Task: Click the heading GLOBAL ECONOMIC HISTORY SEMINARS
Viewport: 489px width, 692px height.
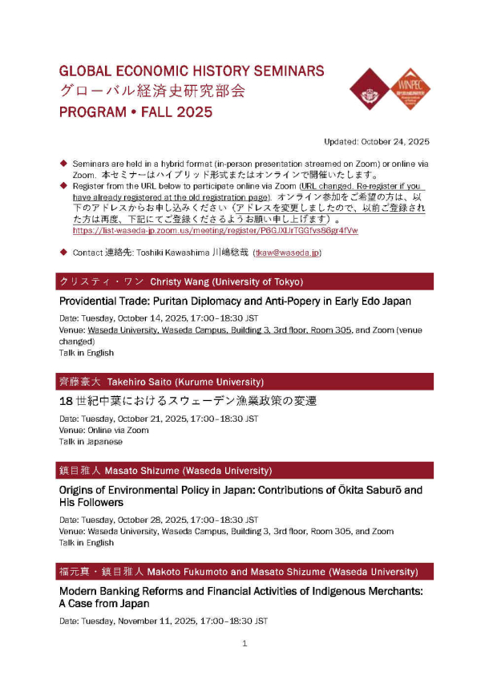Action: coord(192,71)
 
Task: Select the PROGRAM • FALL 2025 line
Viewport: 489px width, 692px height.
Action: coord(135,111)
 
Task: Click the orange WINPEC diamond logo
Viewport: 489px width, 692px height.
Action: coord(409,89)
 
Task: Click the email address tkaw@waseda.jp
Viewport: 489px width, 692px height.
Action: coord(287,253)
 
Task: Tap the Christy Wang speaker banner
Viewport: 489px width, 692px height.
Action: coord(244,281)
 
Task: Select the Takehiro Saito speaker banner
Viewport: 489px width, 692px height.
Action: coord(244,382)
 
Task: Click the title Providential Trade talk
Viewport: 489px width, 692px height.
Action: coord(235,301)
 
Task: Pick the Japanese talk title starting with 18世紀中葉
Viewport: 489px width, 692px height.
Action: coord(194,401)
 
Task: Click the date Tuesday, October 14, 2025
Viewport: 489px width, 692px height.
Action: coord(160,318)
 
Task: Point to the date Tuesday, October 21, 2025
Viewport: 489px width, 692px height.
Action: coord(160,419)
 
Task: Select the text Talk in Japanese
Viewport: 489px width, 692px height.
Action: coord(91,441)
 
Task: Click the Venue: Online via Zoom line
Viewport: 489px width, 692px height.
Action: coord(103,430)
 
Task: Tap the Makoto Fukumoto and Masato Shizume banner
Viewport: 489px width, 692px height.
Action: coord(244,572)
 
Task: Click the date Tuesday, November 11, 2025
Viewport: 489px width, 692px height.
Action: coord(164,621)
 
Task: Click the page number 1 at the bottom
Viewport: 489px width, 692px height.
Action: coord(244,643)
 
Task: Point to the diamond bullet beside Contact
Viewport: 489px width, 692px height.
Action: coord(63,252)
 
